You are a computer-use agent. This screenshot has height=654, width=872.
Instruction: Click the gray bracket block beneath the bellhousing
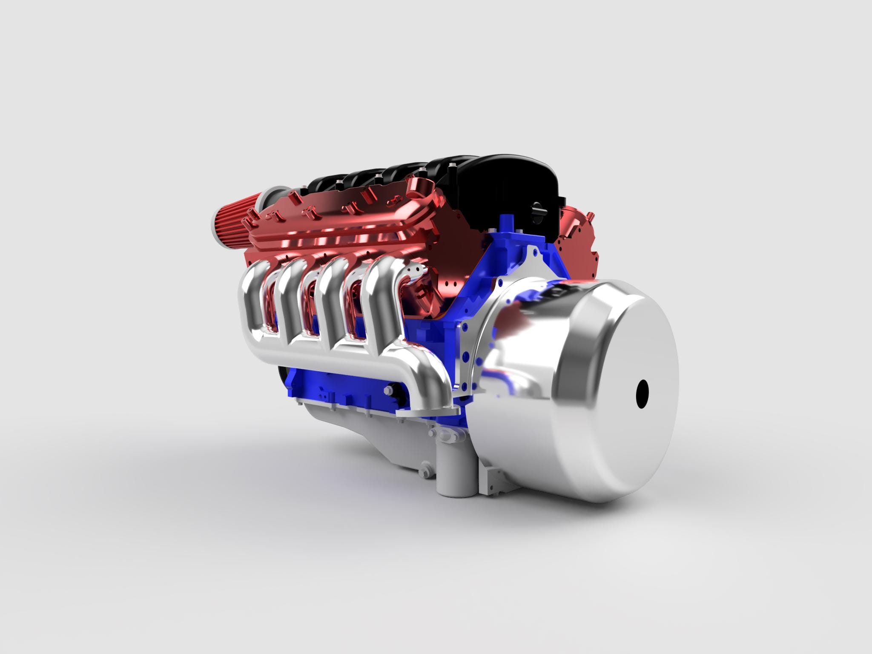(494, 475)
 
